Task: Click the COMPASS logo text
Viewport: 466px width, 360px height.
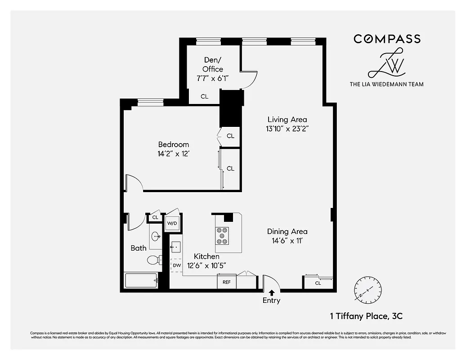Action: pos(387,39)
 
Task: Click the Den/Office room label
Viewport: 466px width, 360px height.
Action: pos(213,64)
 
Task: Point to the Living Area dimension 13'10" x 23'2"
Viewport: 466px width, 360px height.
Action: pos(287,128)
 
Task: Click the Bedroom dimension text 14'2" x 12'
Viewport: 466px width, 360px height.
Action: pos(173,153)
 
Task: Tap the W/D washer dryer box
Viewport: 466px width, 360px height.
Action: pos(172,223)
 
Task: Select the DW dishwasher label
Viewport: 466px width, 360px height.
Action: pos(177,265)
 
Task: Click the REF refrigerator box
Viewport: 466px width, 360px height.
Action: pos(227,282)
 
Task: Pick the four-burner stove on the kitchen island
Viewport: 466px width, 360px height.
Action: pos(222,235)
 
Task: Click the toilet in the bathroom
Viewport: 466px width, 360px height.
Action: pos(154,260)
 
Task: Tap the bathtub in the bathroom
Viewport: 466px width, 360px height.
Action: pos(141,280)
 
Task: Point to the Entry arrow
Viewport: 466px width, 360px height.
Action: pos(271,292)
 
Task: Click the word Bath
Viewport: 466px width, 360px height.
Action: pos(139,248)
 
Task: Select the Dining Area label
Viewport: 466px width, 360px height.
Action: pos(287,231)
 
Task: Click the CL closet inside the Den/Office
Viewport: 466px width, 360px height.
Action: pos(204,96)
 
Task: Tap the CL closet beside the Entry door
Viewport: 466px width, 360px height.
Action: pos(318,283)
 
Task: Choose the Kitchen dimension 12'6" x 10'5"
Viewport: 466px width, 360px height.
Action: pos(206,265)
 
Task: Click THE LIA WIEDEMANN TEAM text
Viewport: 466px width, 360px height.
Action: pos(386,84)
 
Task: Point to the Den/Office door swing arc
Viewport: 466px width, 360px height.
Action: pos(251,78)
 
